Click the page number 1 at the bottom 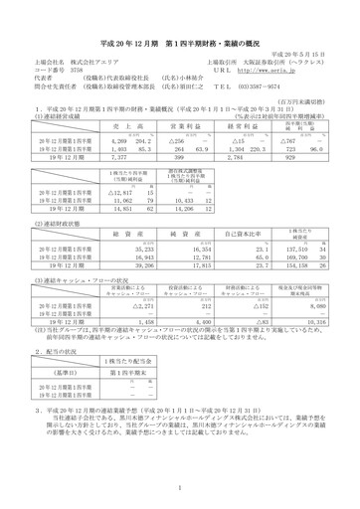coord(180,489)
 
